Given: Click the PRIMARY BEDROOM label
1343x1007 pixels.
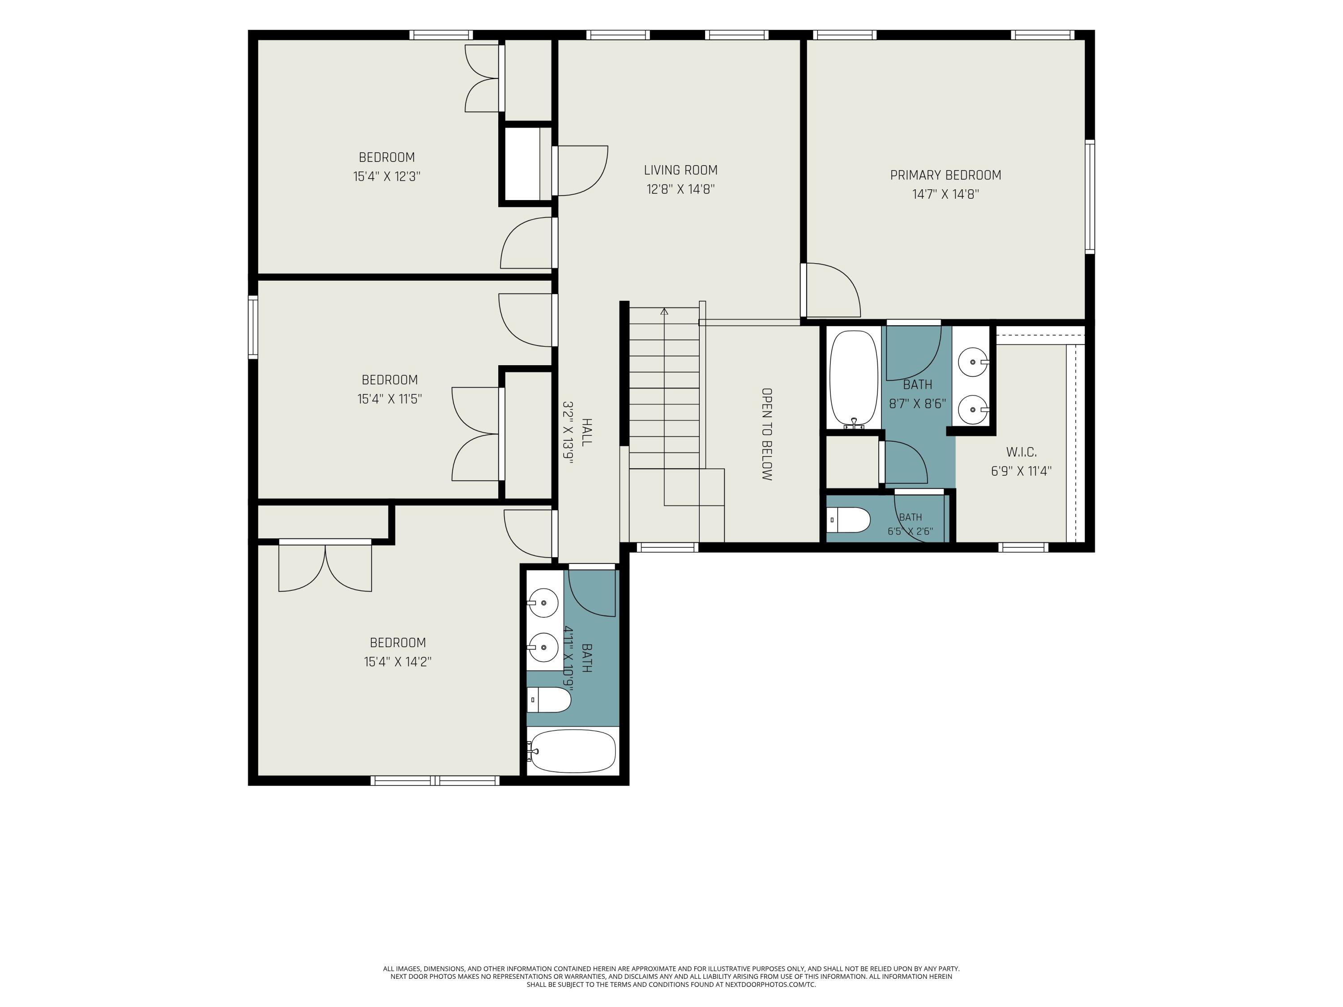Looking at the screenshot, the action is [945, 175].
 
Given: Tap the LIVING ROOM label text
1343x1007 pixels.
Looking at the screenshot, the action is [680, 171].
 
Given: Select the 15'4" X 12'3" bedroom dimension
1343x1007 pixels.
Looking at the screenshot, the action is [387, 177].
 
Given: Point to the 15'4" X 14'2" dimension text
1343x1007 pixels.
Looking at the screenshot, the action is [398, 661].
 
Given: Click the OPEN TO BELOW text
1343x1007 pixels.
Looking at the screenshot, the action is [767, 435].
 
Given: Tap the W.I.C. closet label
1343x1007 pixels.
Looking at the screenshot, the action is [1021, 452].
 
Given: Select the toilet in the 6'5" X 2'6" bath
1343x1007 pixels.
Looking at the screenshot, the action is [849, 520].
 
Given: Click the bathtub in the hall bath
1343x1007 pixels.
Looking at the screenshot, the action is [572, 751].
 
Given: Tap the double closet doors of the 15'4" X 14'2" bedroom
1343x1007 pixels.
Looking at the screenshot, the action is [325, 566].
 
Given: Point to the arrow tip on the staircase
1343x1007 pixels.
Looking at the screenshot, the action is [664, 310].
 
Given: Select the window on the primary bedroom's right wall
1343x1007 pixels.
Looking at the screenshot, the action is [1090, 196].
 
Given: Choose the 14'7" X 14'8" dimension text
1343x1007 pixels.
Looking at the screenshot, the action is [946, 195].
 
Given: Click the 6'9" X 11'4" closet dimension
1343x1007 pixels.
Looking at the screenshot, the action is [1021, 471].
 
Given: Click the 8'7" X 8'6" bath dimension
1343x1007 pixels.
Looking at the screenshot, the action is [917, 404].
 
